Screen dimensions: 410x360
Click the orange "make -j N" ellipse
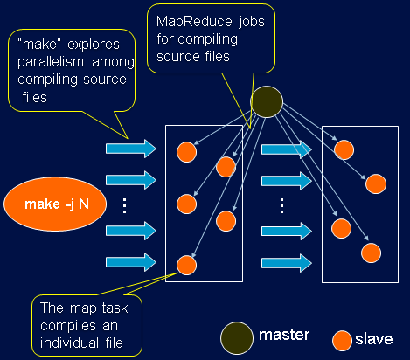[x=55, y=204]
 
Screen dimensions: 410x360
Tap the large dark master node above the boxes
[x=267, y=101]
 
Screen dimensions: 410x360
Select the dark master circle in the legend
[x=237, y=338]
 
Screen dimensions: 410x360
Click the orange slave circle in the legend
[x=342, y=341]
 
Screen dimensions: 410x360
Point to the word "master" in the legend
[x=284, y=335]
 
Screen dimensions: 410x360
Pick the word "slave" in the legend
[x=374, y=339]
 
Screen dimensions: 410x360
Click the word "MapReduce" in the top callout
[x=194, y=22]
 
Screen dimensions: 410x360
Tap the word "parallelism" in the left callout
[x=51, y=62]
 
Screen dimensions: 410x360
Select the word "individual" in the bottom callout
[x=69, y=343]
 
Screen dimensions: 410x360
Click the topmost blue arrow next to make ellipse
[x=131, y=149]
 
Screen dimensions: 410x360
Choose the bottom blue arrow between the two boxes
[x=287, y=263]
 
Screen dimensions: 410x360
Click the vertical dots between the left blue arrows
[x=125, y=206]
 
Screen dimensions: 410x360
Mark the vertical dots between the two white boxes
[x=281, y=206]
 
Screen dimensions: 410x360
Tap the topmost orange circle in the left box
[x=186, y=152]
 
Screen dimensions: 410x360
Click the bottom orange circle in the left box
[x=186, y=266]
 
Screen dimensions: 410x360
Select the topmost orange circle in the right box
[x=344, y=150]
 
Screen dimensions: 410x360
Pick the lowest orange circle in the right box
[x=371, y=253]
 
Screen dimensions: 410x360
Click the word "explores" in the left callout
[x=94, y=45]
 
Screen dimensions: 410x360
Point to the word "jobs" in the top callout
[x=252, y=22]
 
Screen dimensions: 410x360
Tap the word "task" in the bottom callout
[x=115, y=308]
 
